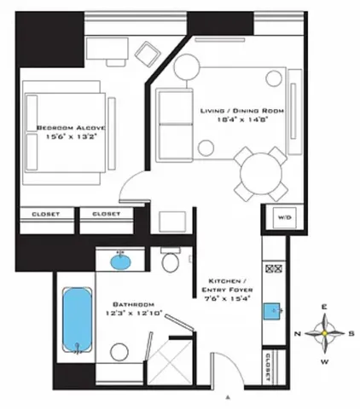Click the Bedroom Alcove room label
(x=65, y=128)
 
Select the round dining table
(x=261, y=174)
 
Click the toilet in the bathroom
(x=170, y=261)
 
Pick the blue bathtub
(x=78, y=320)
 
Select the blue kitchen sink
(x=276, y=311)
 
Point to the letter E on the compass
(x=324, y=307)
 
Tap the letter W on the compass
(x=324, y=360)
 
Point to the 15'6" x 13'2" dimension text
(x=65, y=138)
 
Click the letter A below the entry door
(x=228, y=397)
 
